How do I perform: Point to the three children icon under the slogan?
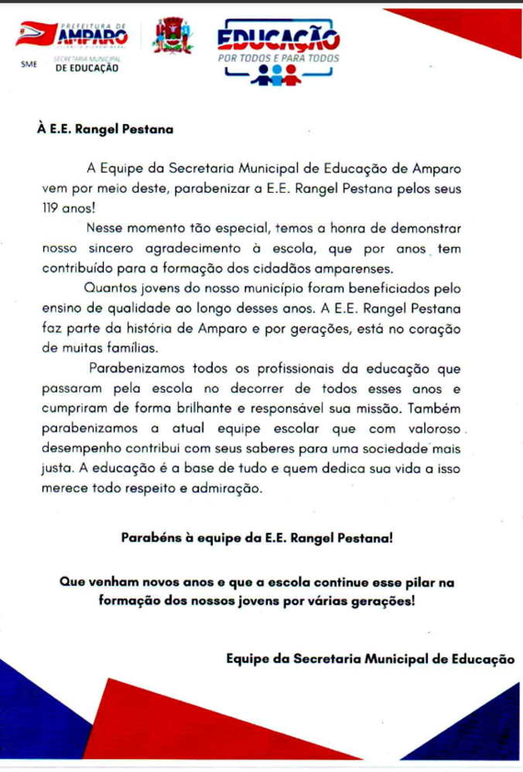(277, 74)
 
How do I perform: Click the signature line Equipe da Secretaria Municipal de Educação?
(370, 659)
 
